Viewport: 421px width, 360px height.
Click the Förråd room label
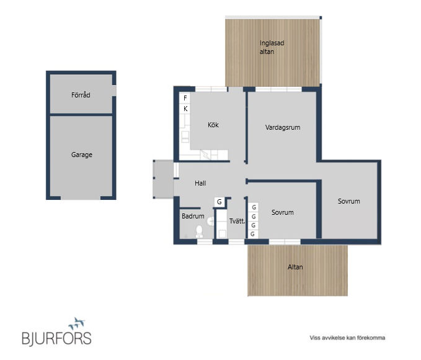tap(81, 95)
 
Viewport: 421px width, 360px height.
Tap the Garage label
tap(82, 155)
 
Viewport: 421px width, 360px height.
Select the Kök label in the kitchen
tap(213, 125)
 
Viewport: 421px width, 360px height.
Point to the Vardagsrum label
tap(283, 127)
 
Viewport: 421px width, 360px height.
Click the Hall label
tap(200, 183)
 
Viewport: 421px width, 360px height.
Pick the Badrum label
tap(193, 216)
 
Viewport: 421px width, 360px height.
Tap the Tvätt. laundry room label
tap(237, 221)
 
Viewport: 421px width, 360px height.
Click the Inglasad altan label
tap(272, 47)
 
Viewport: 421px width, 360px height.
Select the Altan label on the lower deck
tap(295, 267)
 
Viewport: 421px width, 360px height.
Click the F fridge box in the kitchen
tap(185, 98)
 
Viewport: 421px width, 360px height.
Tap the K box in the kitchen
tap(185, 109)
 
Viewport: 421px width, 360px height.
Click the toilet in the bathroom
tap(199, 232)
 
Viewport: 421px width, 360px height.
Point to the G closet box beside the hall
tap(219, 202)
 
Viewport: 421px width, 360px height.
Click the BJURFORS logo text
tap(56, 338)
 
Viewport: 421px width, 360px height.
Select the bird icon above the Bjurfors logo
tap(77, 323)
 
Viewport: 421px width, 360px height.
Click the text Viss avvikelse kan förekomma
tap(347, 338)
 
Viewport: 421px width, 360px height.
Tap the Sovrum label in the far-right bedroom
tap(349, 201)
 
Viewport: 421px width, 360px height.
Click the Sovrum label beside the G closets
tap(283, 212)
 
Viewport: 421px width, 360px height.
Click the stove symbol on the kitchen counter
tap(185, 137)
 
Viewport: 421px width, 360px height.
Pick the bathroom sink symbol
tap(211, 221)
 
